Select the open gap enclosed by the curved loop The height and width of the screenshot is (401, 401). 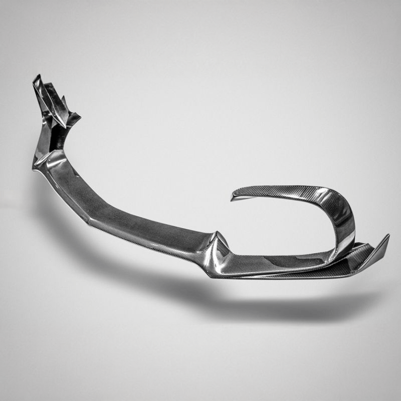coord(281,226)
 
